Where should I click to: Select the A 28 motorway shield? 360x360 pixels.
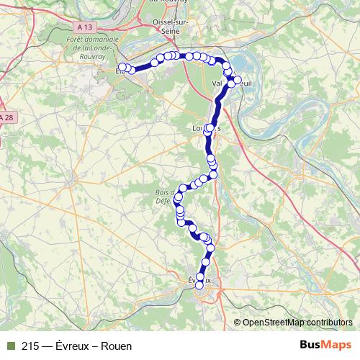tap(6, 117)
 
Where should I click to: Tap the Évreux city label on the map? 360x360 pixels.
tap(199, 279)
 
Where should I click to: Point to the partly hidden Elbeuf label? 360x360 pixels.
tap(120, 71)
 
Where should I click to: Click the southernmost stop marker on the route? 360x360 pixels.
tap(199, 286)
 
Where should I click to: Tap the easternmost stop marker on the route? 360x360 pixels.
tap(238, 81)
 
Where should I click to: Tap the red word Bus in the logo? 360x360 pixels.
tap(312, 346)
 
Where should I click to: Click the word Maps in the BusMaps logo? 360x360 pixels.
tap(338, 346)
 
